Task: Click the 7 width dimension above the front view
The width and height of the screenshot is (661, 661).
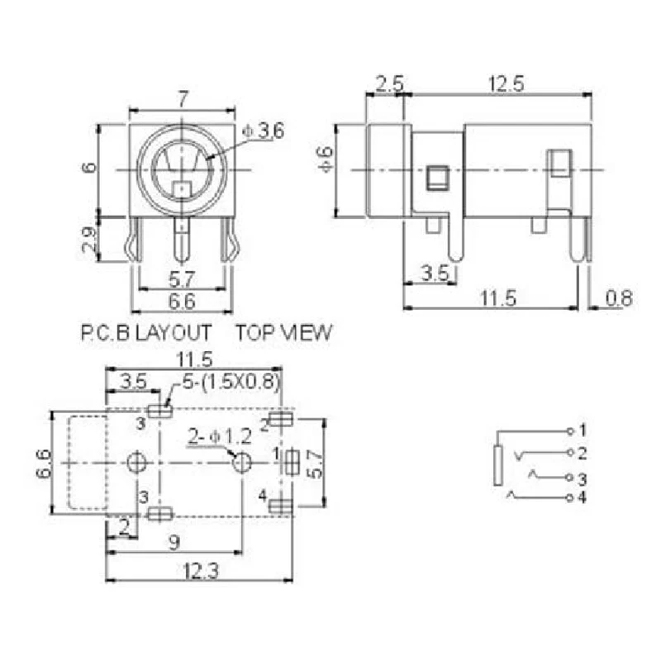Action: (x=182, y=99)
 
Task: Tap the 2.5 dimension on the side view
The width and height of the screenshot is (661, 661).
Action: (x=388, y=83)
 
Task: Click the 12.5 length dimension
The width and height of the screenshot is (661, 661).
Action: (x=497, y=83)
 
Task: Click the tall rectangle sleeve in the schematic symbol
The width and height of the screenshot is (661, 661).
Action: (x=497, y=465)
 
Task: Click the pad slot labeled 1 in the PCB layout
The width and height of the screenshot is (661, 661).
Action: (x=292, y=464)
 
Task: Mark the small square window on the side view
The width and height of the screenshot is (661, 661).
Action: (x=436, y=176)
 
